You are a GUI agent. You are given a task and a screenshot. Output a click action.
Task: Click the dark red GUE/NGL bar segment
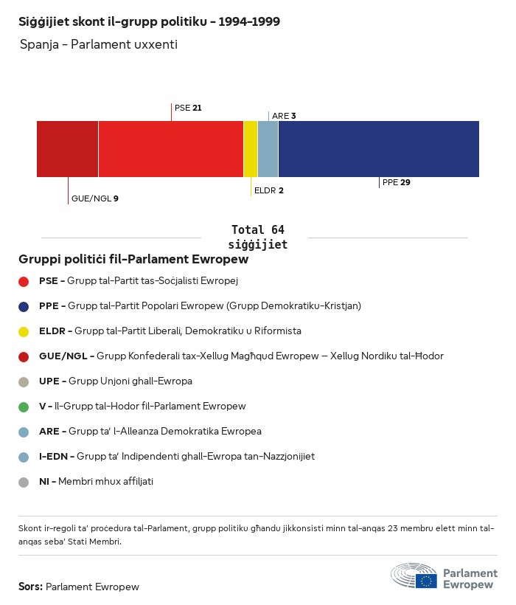point(67,149)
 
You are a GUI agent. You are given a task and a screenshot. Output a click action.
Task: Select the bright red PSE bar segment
point(170,149)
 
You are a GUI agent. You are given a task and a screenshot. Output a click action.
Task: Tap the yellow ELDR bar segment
point(251,149)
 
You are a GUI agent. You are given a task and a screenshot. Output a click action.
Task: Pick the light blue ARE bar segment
point(268,149)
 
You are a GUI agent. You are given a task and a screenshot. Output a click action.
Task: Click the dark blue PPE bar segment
point(378,149)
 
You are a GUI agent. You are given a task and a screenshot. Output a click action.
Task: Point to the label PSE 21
point(188,108)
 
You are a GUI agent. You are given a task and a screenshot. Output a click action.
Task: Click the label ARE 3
point(284,116)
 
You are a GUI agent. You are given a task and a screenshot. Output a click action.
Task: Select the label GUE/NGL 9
point(94,198)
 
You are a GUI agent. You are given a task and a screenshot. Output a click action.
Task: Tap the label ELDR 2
point(268,190)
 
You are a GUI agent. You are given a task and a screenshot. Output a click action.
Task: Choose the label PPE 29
point(396,182)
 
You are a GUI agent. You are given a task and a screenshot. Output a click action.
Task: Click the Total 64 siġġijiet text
point(257,237)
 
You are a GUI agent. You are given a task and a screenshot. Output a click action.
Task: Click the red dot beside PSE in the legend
point(24,281)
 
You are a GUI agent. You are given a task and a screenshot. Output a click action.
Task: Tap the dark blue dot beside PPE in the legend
point(24,306)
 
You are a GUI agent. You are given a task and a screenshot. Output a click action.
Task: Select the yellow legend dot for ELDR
point(24,331)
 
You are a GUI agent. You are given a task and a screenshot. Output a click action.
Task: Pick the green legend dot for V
point(24,407)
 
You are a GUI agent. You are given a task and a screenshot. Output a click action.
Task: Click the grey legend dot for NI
point(24,482)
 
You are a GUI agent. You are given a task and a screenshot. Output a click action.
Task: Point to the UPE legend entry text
point(115,381)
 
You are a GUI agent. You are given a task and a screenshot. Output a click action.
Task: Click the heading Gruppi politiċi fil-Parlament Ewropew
point(133,260)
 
